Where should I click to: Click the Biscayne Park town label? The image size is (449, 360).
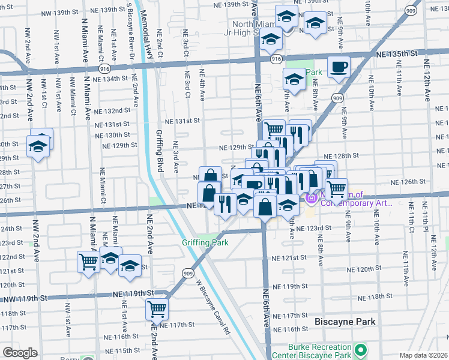[345, 322]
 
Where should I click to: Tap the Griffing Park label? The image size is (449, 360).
[205, 243]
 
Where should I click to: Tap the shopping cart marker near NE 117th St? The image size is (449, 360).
[157, 310]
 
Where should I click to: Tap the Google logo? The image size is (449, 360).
[20, 353]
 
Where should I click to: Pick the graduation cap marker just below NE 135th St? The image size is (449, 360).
[294, 79]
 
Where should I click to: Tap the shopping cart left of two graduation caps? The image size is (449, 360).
[88, 261]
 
